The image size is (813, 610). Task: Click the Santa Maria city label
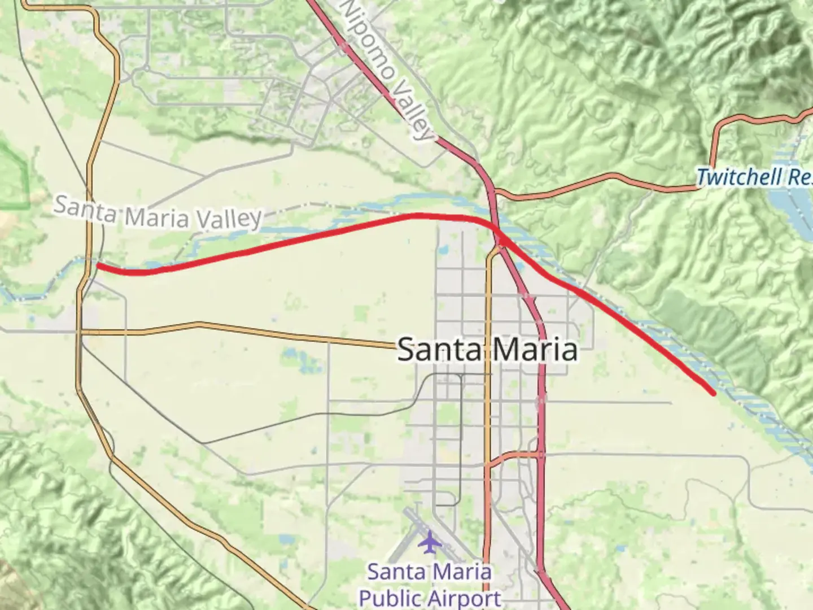(488, 349)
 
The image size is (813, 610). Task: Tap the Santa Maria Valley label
(158, 213)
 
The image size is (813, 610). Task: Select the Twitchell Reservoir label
(754, 177)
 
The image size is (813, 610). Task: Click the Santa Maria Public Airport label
(430, 585)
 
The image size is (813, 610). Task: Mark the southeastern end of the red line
(714, 393)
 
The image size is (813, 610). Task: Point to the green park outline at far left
(14, 175)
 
